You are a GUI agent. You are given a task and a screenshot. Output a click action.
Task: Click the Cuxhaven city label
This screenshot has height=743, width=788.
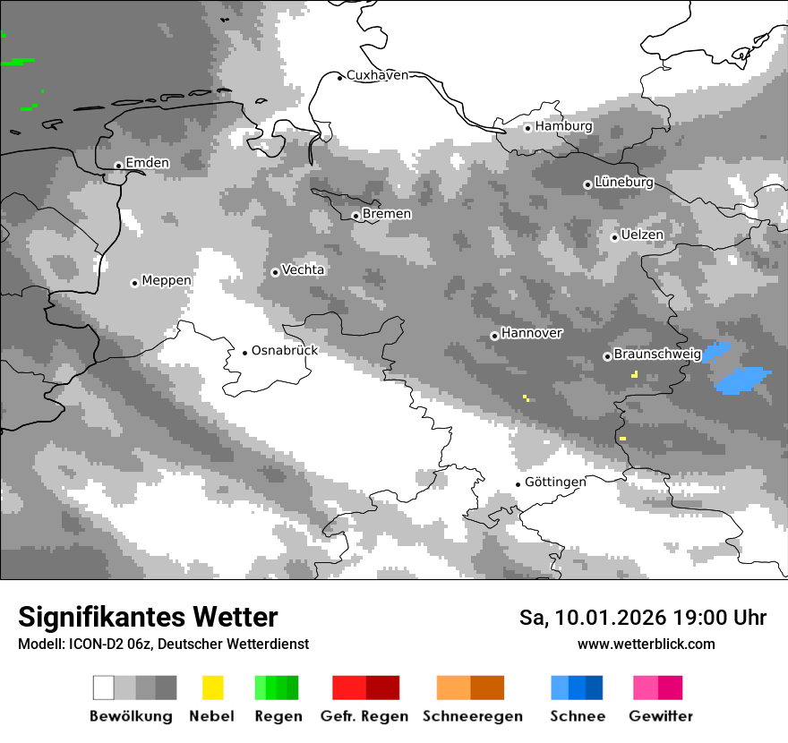pyautogui.click(x=377, y=75)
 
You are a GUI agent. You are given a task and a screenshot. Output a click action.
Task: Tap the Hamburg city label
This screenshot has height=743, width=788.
pyautogui.click(x=563, y=126)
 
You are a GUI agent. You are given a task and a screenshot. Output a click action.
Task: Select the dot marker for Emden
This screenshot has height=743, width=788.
pyautogui.click(x=118, y=166)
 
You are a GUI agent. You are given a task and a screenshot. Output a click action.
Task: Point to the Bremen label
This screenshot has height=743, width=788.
pyautogui.click(x=387, y=214)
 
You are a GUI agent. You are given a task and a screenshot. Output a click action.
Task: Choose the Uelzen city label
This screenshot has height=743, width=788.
pyautogui.click(x=642, y=235)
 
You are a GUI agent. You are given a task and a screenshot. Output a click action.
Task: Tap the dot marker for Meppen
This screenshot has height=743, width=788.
pyautogui.click(x=134, y=283)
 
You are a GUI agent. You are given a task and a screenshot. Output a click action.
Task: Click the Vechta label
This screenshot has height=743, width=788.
pyautogui.click(x=303, y=269)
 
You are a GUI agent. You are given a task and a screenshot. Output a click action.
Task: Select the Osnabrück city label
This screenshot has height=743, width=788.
pyautogui.click(x=285, y=350)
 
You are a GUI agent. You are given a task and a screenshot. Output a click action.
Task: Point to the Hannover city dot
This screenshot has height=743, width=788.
pyautogui.click(x=494, y=337)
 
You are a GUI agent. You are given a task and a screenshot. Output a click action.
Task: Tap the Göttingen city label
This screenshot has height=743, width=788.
pyautogui.click(x=555, y=482)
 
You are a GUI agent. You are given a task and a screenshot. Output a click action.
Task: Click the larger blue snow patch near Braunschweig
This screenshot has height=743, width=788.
pyautogui.click(x=742, y=380)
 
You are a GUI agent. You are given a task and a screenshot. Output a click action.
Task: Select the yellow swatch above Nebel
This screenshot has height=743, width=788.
pyautogui.click(x=213, y=687)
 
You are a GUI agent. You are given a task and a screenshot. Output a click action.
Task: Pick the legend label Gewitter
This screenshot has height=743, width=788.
pyautogui.click(x=661, y=716)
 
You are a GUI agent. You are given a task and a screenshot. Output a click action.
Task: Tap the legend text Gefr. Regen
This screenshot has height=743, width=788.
pyautogui.click(x=364, y=716)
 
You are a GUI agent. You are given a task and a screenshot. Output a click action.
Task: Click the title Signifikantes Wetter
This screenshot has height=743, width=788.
pyautogui.click(x=148, y=617)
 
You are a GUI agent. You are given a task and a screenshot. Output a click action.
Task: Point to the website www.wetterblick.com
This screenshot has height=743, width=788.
pyautogui.click(x=646, y=644)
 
